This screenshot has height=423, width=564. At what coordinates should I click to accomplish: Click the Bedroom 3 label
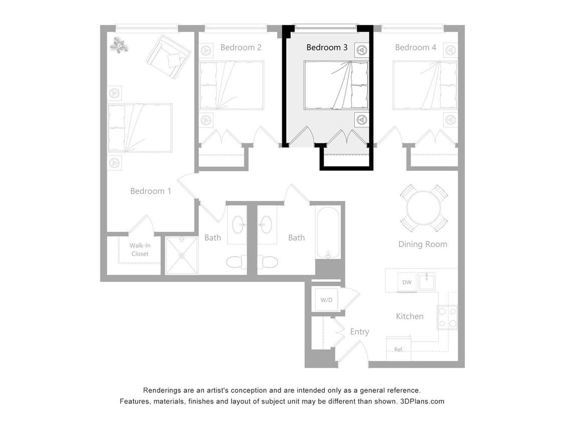point(327,48)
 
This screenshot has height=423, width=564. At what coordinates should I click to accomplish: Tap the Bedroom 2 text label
point(241,48)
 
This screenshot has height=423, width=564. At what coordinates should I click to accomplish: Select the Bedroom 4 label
point(415,48)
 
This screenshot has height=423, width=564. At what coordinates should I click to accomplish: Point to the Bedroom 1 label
point(150,191)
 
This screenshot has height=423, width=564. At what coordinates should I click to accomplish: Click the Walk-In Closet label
point(140,250)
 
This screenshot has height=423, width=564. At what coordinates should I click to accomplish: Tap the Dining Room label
point(423,244)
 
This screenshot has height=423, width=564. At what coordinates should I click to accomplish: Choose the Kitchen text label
point(410,316)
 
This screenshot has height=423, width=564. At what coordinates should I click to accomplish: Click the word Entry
point(359,332)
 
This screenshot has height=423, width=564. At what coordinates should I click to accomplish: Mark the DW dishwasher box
point(407,282)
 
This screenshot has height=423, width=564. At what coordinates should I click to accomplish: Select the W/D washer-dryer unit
point(326,300)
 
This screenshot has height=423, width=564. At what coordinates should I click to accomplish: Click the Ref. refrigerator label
point(399,349)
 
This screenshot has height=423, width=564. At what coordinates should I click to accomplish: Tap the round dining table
point(423,208)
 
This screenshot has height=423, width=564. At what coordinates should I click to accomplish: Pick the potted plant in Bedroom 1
point(119,45)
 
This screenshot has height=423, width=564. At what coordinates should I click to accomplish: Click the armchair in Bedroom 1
point(168,56)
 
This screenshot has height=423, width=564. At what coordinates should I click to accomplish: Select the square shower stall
point(182,256)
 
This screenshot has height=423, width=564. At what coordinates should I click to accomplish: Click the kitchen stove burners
point(448,317)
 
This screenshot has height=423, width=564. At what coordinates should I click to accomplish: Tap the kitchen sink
point(427,281)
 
